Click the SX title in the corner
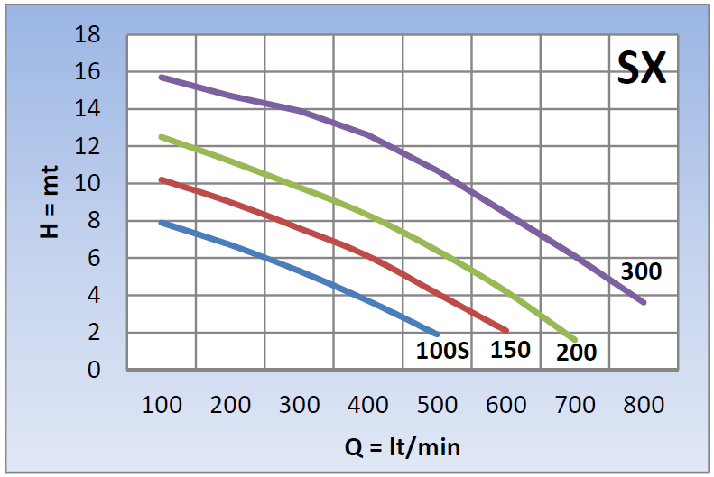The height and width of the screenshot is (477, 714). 642,69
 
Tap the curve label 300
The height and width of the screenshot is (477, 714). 641,271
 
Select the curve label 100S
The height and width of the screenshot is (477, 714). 442,351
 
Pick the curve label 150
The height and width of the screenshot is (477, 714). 510,350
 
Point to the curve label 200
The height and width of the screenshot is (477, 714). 576,352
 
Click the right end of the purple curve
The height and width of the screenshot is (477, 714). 644,302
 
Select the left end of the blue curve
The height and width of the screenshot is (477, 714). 162,222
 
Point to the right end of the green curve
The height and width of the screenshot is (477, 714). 575,339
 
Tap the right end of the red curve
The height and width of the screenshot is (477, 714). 506,331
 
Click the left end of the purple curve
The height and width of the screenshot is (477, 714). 162,77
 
